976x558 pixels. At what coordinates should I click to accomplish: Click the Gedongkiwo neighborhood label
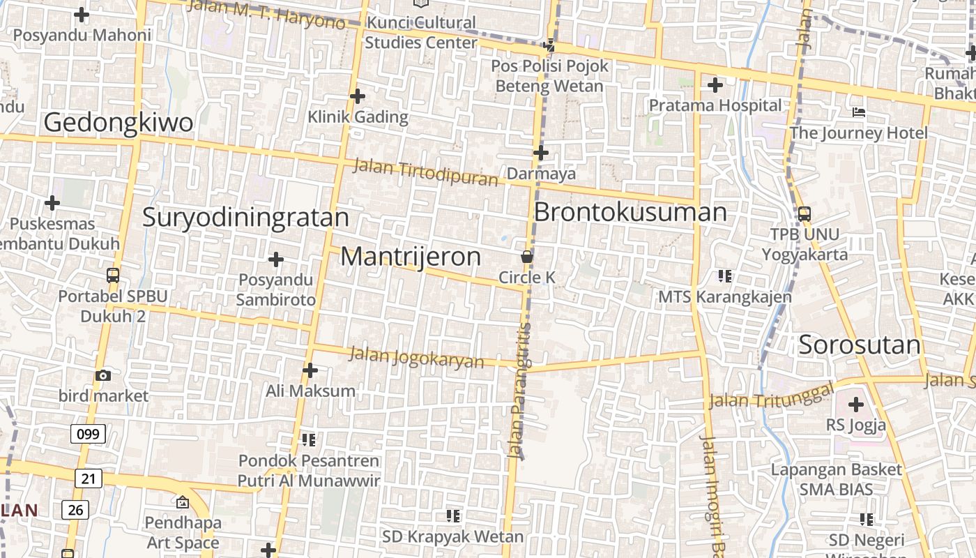[x=119, y=122]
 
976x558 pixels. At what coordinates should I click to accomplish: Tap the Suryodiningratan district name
[x=245, y=217]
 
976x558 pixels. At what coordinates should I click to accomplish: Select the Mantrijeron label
[x=411, y=257]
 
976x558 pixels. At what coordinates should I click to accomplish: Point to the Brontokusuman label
[x=630, y=212]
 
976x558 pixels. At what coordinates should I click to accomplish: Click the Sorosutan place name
[x=860, y=345]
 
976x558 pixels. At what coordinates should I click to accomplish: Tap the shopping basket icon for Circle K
[x=527, y=257]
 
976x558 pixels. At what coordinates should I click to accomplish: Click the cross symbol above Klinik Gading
[x=358, y=96]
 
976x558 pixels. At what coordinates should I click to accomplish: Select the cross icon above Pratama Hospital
[x=715, y=86]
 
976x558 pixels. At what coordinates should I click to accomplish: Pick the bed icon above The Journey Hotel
[x=859, y=112]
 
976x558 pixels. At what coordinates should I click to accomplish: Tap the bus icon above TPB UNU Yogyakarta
[x=804, y=213]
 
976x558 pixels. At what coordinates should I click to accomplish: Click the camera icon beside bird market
[x=103, y=376]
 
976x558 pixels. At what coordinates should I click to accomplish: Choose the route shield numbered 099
[x=88, y=434]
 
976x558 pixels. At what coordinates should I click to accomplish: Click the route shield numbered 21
[x=88, y=478]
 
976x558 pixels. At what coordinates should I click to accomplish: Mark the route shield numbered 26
[x=75, y=510]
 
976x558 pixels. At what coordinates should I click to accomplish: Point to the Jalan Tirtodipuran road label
[x=425, y=172]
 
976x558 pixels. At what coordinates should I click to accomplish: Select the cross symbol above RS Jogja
[x=855, y=405]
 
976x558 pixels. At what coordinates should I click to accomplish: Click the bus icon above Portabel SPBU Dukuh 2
[x=112, y=276]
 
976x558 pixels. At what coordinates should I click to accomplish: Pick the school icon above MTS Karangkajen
[x=725, y=276]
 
